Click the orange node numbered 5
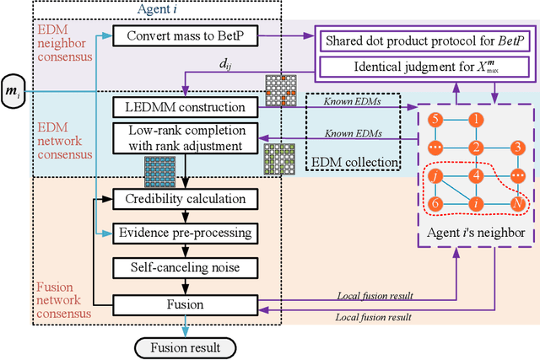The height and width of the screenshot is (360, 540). point(435,121)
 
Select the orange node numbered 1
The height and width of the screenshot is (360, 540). point(478,121)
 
